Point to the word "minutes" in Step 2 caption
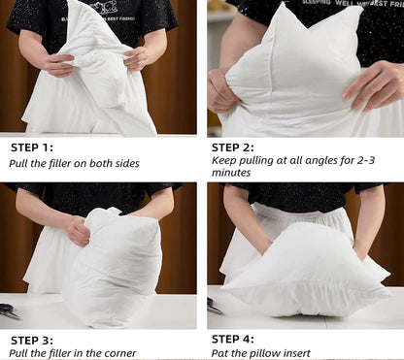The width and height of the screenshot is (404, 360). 231,173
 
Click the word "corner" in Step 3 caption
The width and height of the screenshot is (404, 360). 117,353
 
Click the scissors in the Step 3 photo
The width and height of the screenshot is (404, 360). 9,311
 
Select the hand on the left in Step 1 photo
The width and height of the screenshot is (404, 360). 57,65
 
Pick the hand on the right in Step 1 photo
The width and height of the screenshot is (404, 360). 136,58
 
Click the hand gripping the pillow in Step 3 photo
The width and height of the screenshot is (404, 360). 76,230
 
